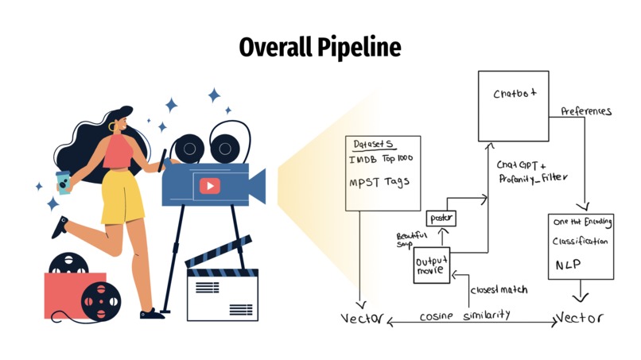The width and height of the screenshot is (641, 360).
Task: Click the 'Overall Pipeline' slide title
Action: pyautogui.click(x=320, y=48)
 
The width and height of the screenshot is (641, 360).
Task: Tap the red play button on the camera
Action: pyautogui.click(x=209, y=186)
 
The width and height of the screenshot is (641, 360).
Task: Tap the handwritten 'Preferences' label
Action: pyautogui.click(x=586, y=111)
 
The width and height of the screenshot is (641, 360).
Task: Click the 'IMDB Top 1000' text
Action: pyautogui.click(x=379, y=160)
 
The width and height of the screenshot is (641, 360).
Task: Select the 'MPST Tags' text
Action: pyautogui.click(x=379, y=182)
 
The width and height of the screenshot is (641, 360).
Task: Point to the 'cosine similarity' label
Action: pyautogui.click(x=465, y=315)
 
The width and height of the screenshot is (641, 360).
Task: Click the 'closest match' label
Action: pyautogui.click(x=499, y=289)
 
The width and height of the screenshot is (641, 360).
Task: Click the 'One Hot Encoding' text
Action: pyautogui.click(x=581, y=223)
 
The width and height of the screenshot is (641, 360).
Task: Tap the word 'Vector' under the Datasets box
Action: pyautogui.click(x=362, y=319)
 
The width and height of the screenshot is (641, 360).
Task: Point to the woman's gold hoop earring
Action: pyautogui.click(x=111, y=126)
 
